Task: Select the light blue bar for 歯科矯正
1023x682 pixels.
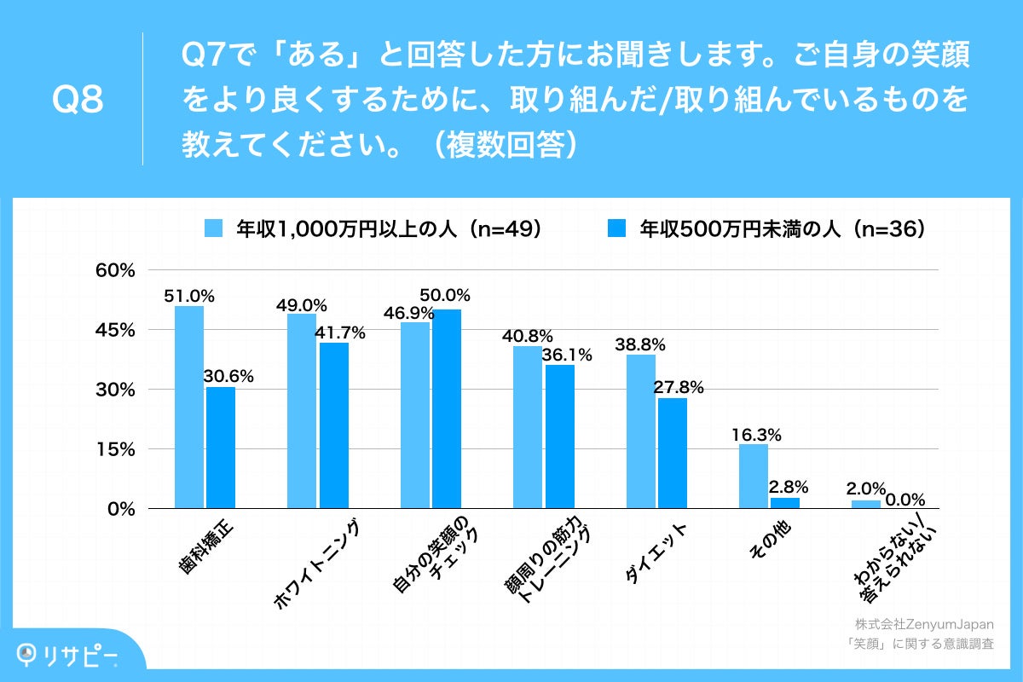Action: click(x=189, y=407)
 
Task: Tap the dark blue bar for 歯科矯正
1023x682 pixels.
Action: click(x=220, y=448)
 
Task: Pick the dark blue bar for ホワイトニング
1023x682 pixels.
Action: click(x=333, y=425)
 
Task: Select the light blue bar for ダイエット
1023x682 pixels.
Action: click(x=640, y=431)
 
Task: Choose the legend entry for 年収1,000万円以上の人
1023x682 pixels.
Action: click(x=375, y=228)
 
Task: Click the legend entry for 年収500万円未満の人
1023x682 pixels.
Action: click(x=767, y=228)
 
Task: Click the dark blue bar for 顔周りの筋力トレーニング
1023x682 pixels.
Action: click(x=559, y=436)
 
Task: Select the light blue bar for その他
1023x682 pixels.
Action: click(x=754, y=476)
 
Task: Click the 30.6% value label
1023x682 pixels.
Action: click(x=223, y=376)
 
